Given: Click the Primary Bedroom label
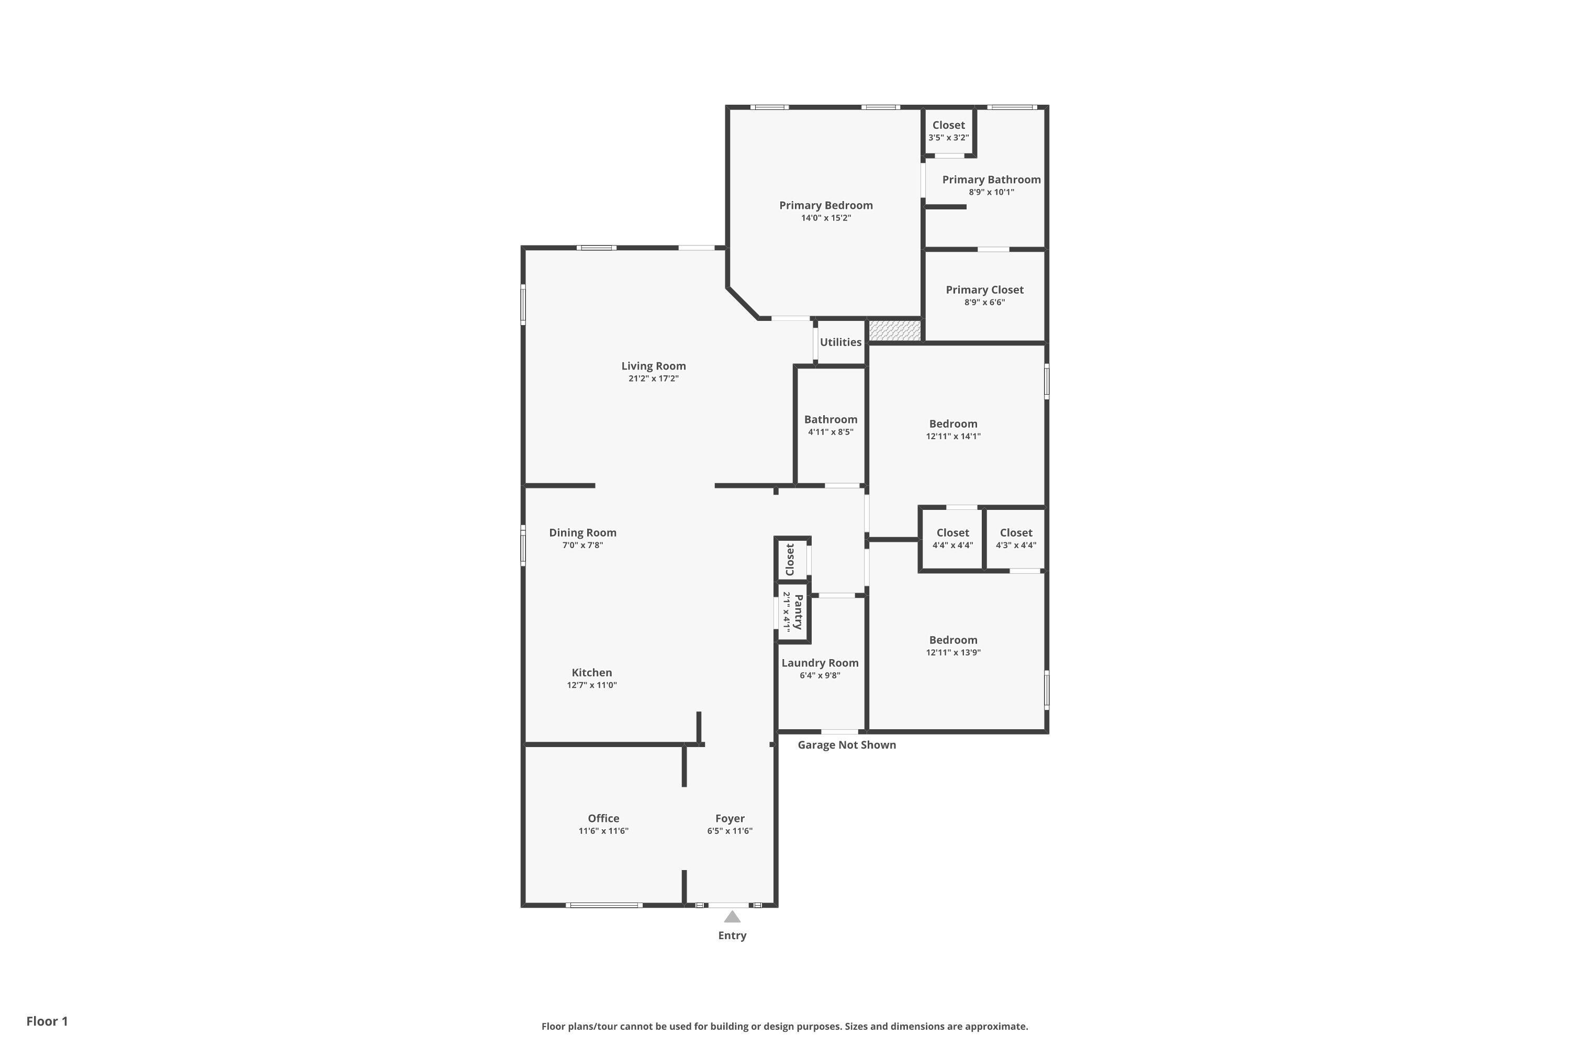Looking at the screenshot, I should point(826,205).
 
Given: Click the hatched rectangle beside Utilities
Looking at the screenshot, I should point(894,330).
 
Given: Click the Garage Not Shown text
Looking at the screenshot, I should point(846,744).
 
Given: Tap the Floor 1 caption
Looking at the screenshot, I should point(47,1021).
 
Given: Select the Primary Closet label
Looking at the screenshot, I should point(984,290).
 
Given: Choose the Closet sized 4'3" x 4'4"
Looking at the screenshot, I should point(1015,538).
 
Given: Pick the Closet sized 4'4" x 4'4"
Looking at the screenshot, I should point(952,538).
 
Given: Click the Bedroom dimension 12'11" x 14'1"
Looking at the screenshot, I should point(952,437).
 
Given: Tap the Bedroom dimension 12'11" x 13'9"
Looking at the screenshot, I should point(952,653).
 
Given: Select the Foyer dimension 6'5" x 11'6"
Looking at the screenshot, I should point(730,831).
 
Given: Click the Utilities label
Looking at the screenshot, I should point(840,342).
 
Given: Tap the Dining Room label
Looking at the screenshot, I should point(583,532).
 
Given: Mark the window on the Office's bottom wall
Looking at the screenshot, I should point(603,906).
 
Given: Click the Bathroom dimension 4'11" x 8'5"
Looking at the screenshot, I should point(831,432).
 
